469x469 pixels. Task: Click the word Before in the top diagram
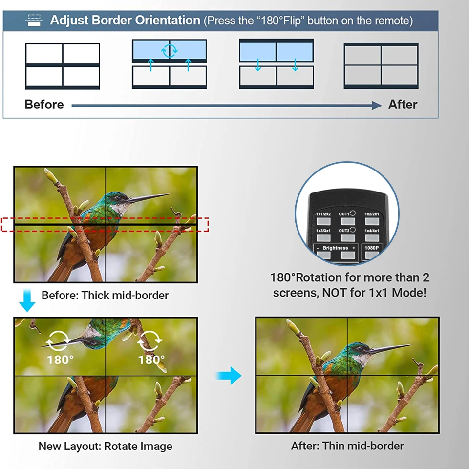tap(44, 105)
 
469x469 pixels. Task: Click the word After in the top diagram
tap(403, 105)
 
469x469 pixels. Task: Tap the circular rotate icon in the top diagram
tap(170, 50)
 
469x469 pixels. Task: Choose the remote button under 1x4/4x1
tap(372, 237)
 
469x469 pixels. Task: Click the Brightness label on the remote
tap(336, 248)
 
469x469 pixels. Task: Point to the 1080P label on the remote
tap(372, 248)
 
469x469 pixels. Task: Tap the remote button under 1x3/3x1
tap(323, 237)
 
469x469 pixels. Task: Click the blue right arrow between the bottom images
tap(229, 376)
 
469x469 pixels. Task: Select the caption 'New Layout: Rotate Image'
tap(105, 446)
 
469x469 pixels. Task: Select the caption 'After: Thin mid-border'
tap(347, 446)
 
